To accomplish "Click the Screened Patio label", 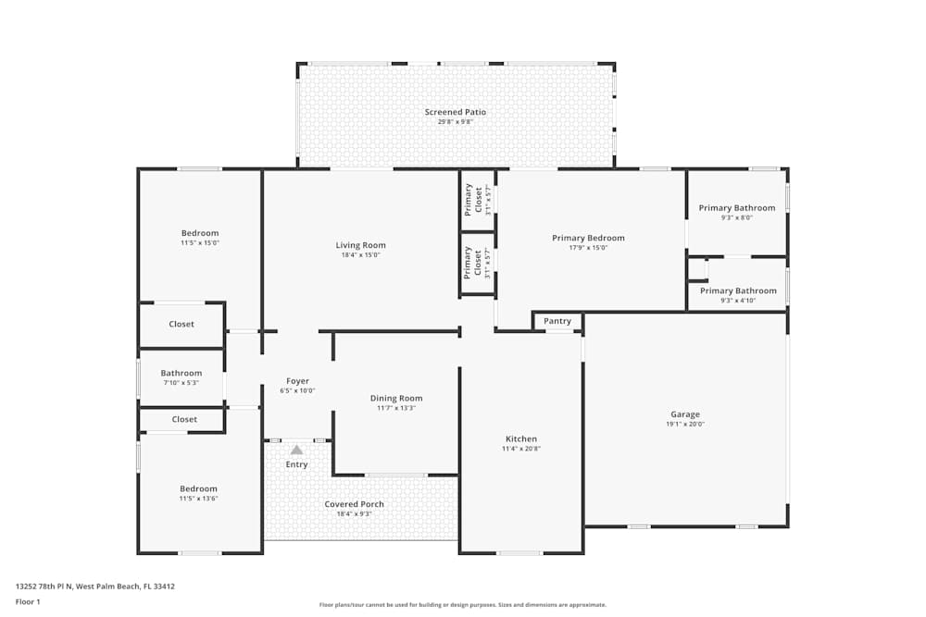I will (455, 112).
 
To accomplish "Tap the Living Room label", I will (360, 245).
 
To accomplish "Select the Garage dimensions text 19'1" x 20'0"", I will (685, 425).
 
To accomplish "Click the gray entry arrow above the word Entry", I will (296, 450).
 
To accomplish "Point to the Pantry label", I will (557, 321).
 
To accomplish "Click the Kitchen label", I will (520, 438).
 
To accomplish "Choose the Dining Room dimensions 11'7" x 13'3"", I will (396, 408).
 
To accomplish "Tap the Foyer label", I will (297, 381).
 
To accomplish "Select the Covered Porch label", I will (354, 504).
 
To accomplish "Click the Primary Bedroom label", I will (588, 238).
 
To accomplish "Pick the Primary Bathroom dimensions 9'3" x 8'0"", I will (736, 217).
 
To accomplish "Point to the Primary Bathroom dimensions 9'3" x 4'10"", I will (737, 301).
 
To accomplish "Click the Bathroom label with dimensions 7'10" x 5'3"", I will (181, 374).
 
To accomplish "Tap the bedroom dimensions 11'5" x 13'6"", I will (198, 499).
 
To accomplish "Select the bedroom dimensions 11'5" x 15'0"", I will (199, 242).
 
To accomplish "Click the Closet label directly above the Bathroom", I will (181, 324).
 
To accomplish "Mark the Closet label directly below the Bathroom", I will (184, 419).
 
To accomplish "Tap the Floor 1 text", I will (28, 601).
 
